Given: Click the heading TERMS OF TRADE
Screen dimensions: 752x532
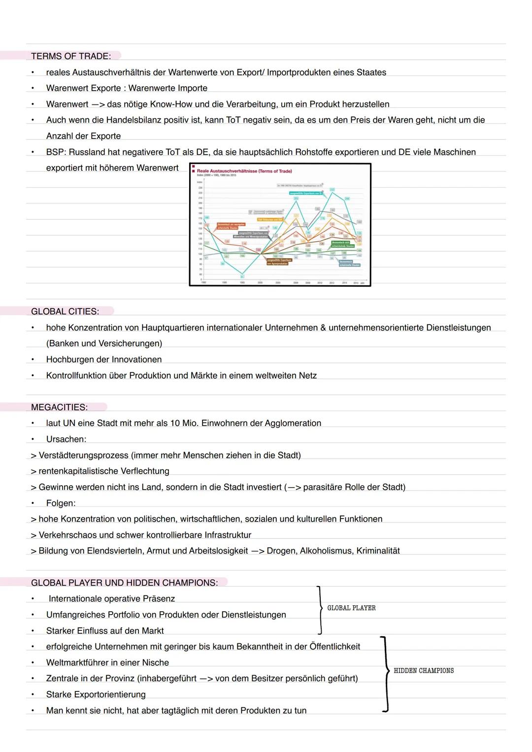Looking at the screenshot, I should (x=71, y=56).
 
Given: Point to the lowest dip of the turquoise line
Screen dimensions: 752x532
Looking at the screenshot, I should (x=242, y=274).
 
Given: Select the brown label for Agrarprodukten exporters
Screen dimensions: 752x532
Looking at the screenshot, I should (x=278, y=262).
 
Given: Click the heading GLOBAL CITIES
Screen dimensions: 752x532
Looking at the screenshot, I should (x=65, y=311).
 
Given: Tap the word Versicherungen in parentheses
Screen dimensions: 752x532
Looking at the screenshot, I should (x=130, y=343).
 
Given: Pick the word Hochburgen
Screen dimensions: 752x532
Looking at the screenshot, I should (x=69, y=360).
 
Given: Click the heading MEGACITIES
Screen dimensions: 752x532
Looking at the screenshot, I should (x=59, y=407).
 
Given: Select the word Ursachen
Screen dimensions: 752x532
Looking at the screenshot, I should (x=66, y=439).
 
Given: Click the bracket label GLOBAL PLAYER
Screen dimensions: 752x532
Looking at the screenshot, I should (x=351, y=608).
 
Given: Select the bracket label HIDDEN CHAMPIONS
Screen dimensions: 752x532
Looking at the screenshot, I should (x=424, y=671).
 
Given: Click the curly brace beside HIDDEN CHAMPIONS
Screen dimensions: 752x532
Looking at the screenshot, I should (x=385, y=674).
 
